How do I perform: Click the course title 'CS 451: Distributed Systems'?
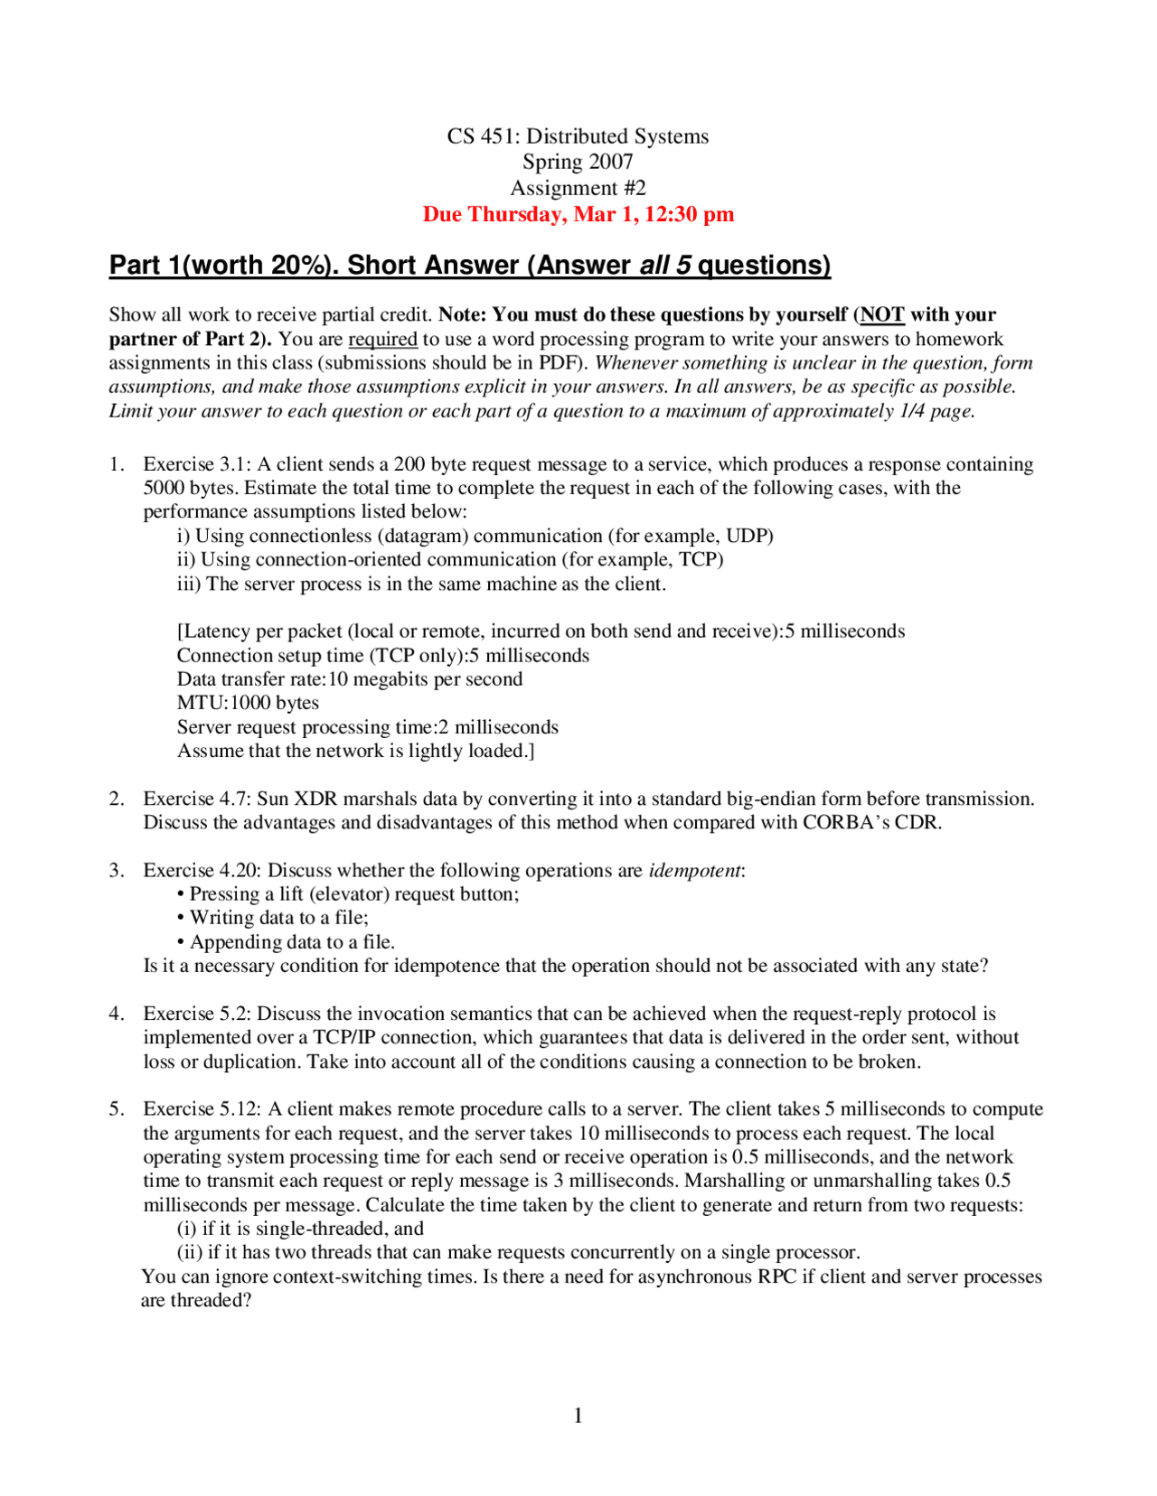click(x=578, y=136)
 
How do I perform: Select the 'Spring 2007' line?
click(x=578, y=162)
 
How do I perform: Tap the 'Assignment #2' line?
click(x=578, y=188)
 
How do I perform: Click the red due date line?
click(x=578, y=214)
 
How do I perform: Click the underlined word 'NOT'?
click(x=882, y=315)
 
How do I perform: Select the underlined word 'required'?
click(x=382, y=340)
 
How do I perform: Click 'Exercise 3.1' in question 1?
click(x=196, y=464)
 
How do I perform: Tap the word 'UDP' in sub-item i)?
click(x=747, y=536)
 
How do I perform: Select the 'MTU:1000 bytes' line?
click(x=248, y=703)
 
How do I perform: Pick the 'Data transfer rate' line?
click(x=349, y=679)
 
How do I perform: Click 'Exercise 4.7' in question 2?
click(x=196, y=799)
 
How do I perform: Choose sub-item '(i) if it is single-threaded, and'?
click(x=300, y=1229)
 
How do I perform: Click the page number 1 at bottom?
click(x=578, y=1416)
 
